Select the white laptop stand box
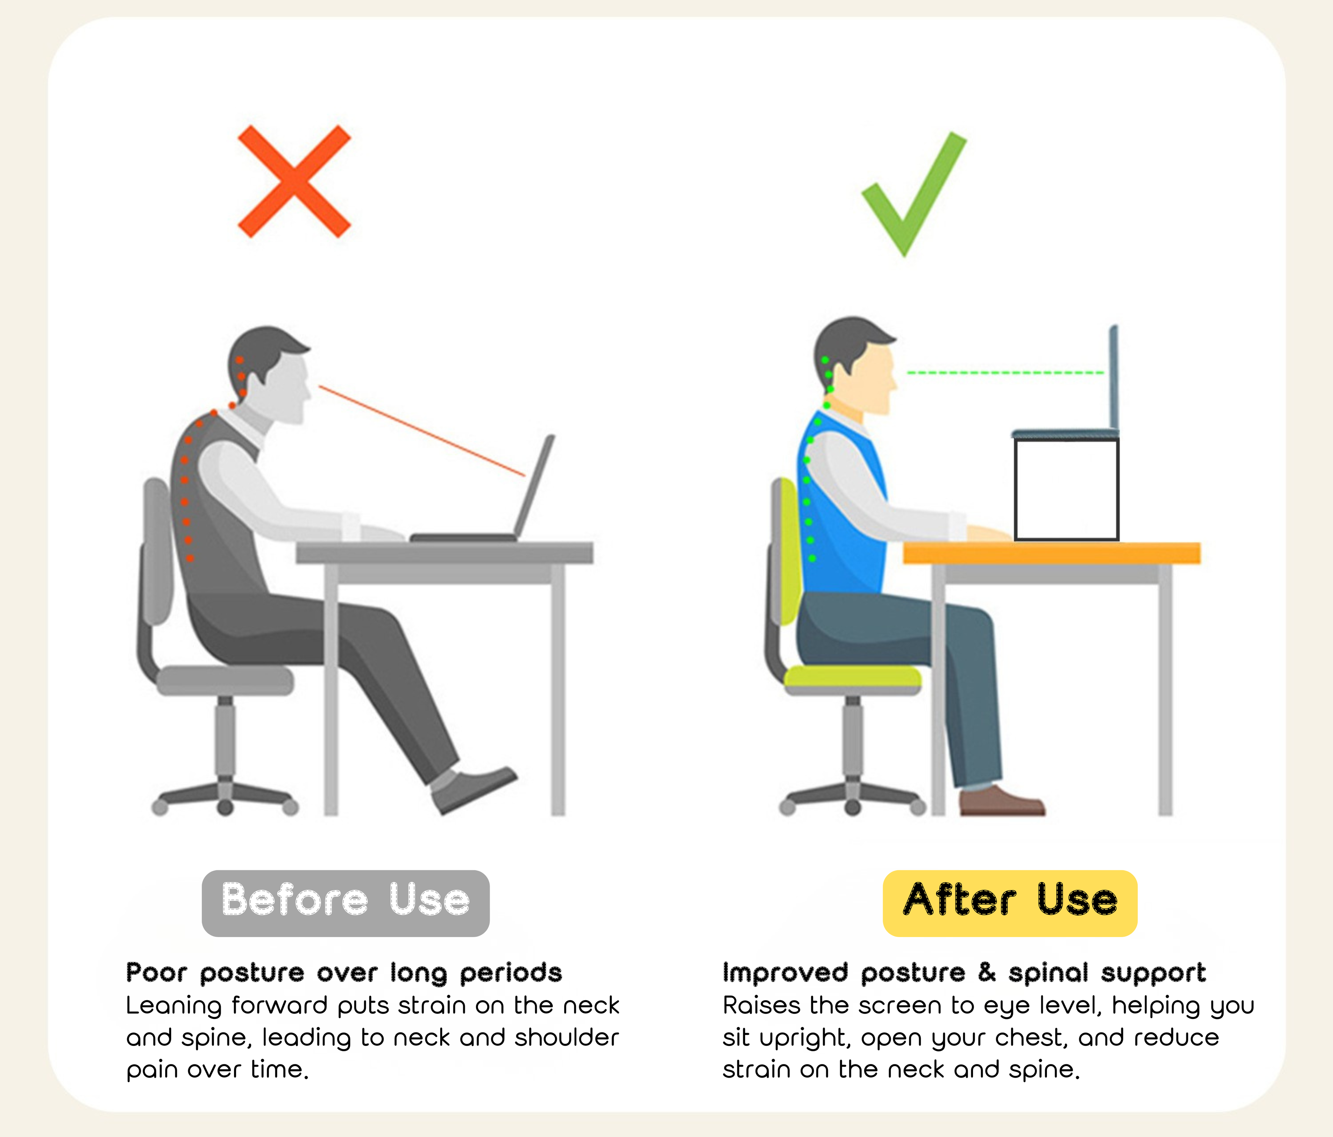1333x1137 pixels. coord(1066,489)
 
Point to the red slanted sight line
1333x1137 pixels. coord(421,431)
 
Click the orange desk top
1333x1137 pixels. coord(1051,553)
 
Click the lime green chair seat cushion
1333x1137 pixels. coord(853,676)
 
